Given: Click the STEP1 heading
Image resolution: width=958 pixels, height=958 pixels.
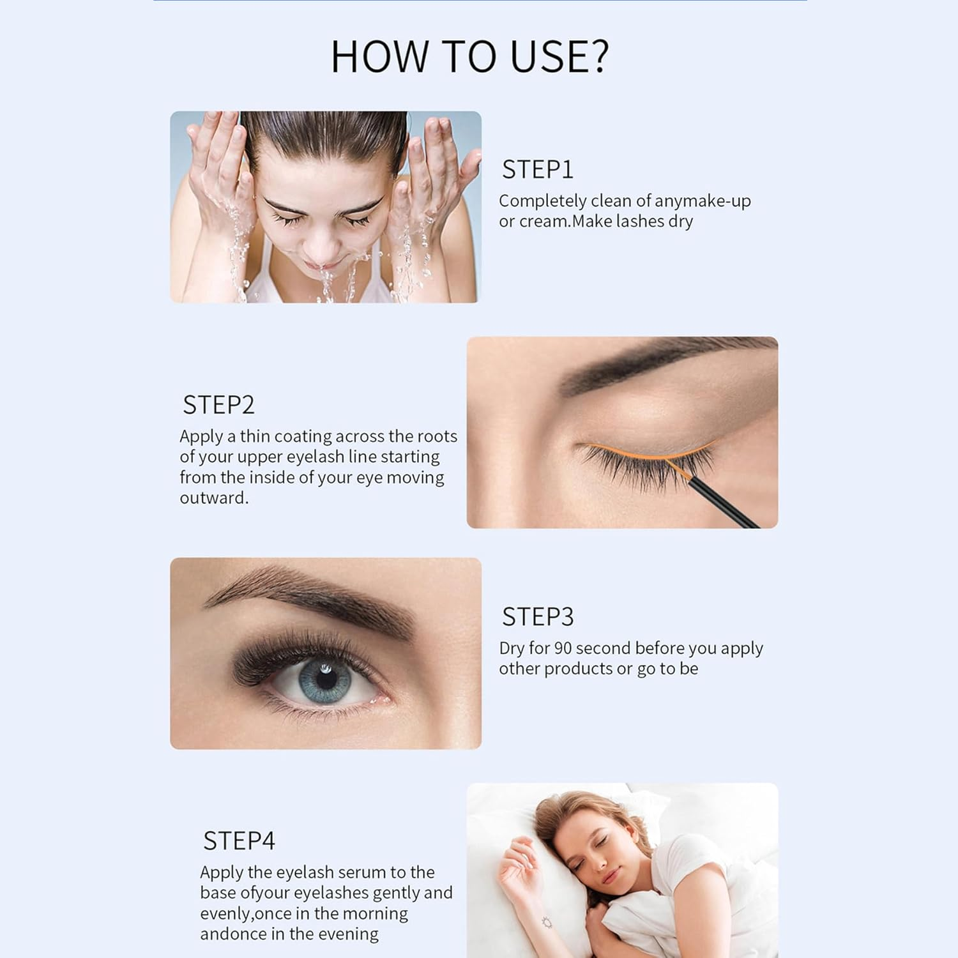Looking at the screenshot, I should pyautogui.click(x=537, y=170).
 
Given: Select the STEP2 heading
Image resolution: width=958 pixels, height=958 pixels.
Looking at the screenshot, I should pyautogui.click(x=218, y=405).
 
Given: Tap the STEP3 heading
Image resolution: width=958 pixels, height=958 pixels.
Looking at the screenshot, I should pyautogui.click(x=537, y=617).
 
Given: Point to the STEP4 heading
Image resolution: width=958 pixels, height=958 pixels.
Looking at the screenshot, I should pyautogui.click(x=239, y=841).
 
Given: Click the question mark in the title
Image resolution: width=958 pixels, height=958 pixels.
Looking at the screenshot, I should pyautogui.click(x=598, y=56).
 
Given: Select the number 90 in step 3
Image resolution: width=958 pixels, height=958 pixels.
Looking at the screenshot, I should pyautogui.click(x=563, y=648).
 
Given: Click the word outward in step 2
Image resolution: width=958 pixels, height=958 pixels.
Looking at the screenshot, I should pyautogui.click(x=213, y=498).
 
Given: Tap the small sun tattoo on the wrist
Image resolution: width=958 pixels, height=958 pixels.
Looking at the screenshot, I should pyautogui.click(x=546, y=922).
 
